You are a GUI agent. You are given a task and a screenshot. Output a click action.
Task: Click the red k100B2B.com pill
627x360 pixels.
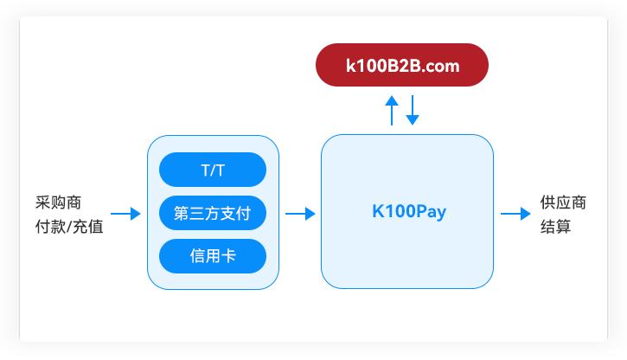point(402,65)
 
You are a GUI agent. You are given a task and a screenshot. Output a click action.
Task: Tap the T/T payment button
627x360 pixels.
point(213,170)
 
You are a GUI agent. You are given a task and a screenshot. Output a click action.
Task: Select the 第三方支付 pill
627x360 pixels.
point(213,213)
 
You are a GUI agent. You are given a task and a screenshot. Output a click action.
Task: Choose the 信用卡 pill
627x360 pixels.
point(213,256)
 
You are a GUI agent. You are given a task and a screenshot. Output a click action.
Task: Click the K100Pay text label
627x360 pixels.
point(409,211)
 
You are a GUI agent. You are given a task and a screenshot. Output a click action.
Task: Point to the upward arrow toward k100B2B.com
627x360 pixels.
point(392,111)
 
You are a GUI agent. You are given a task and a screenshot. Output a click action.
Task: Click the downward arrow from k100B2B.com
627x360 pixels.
point(413,111)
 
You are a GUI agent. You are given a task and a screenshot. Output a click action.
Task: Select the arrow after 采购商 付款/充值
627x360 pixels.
point(125,214)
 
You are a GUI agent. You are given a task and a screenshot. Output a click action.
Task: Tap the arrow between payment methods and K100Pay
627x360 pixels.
point(300,214)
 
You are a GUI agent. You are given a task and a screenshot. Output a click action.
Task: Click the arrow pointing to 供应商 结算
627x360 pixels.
point(515,214)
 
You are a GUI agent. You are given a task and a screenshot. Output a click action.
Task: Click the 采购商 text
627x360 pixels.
point(59,202)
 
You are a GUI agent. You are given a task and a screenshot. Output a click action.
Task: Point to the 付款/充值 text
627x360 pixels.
point(69,227)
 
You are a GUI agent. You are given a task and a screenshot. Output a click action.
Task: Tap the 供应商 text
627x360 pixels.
point(563,202)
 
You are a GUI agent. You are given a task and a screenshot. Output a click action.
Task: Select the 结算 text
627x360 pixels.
point(555,227)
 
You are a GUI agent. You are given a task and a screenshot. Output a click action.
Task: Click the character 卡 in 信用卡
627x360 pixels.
point(228,256)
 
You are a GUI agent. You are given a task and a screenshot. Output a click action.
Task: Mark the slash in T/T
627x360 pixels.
point(213,170)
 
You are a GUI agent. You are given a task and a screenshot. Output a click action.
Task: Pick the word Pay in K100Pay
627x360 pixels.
point(430,212)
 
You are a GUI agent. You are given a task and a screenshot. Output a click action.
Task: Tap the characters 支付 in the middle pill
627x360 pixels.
point(235,213)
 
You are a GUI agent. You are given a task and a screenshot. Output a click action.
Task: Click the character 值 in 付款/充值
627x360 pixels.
point(96,227)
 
